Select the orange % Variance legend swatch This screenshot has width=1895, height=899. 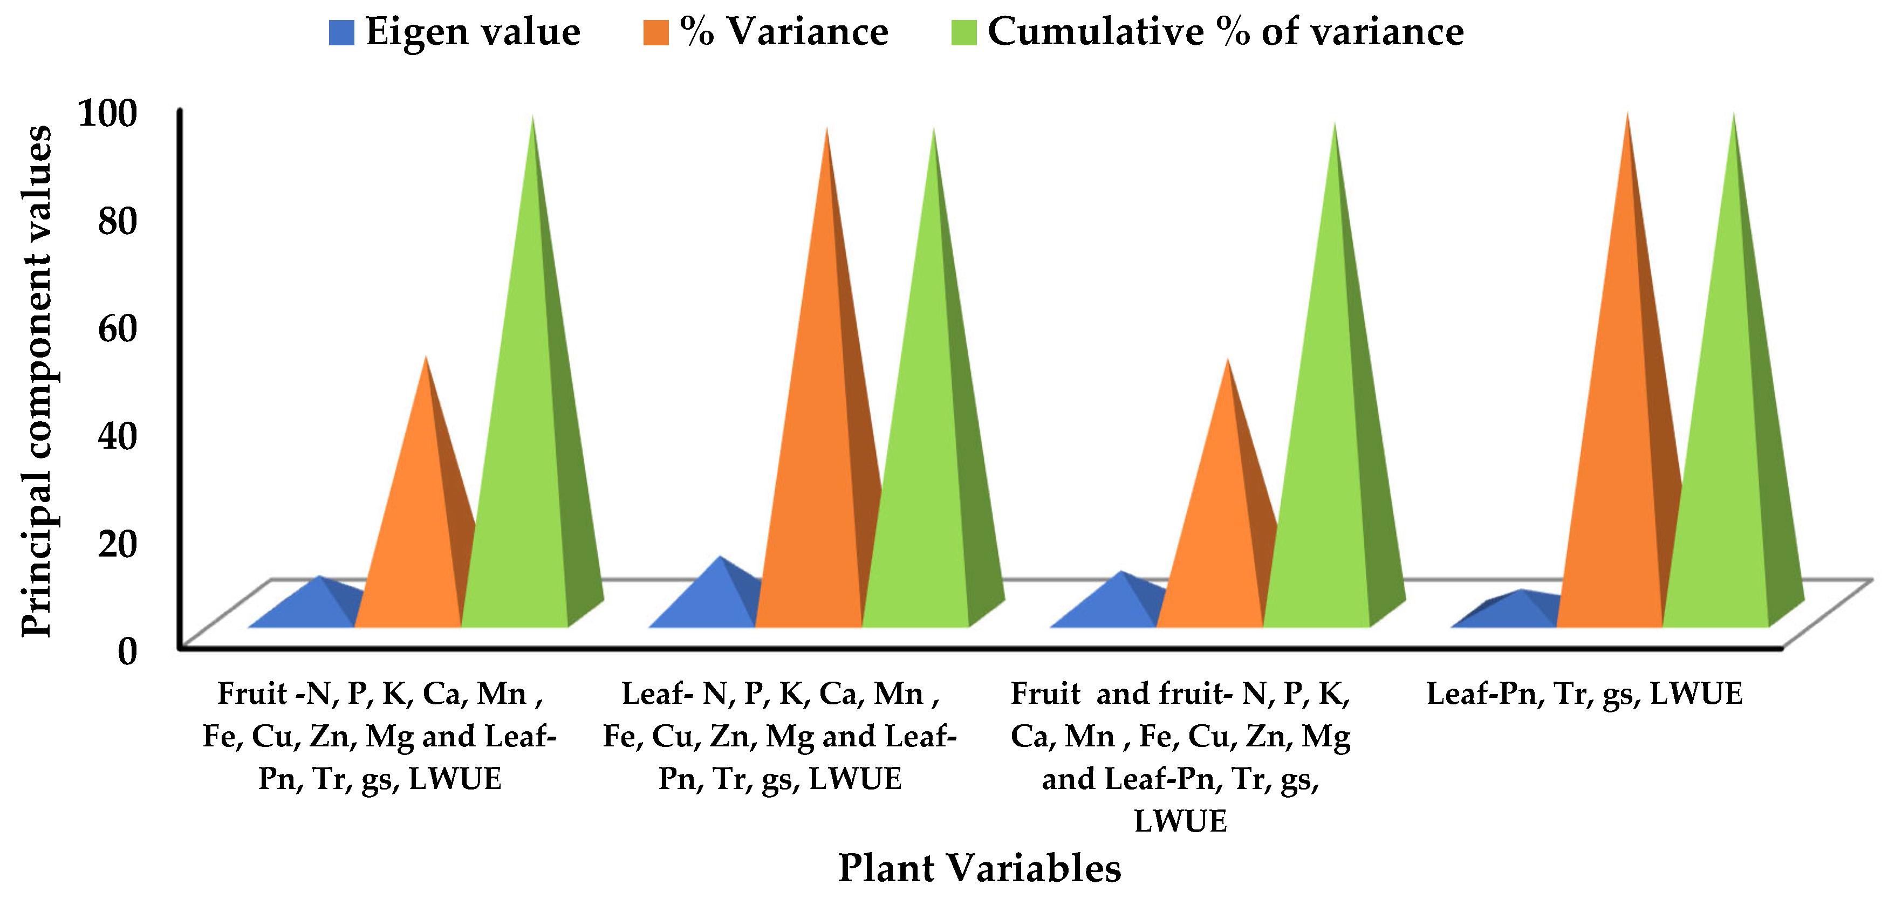[655, 33]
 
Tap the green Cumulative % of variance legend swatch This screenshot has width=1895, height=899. [964, 33]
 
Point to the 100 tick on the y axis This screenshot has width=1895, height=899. [107, 114]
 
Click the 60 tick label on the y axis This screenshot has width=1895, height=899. [118, 329]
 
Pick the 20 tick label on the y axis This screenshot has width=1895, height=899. [118, 544]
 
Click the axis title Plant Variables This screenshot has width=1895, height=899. [979, 868]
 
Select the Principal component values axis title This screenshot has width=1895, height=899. [37, 381]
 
